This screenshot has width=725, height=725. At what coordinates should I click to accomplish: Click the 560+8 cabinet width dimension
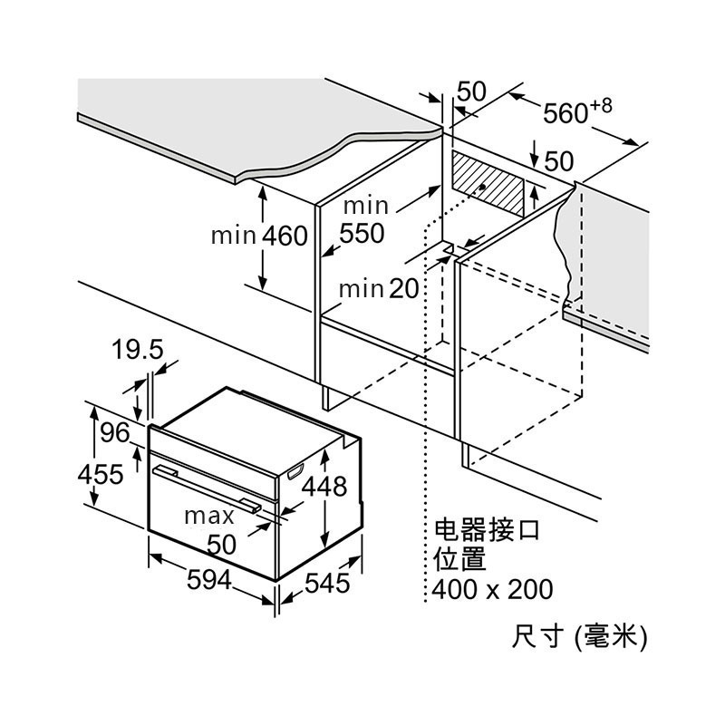click(577, 111)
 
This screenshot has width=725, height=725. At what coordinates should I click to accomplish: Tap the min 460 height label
click(259, 236)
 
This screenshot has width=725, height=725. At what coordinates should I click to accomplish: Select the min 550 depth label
click(362, 221)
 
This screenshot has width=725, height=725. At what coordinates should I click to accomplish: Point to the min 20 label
click(379, 289)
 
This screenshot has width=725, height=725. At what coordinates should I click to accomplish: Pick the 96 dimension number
click(115, 432)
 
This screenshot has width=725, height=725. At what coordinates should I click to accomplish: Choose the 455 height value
click(101, 474)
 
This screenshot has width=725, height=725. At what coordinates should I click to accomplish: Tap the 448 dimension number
click(324, 487)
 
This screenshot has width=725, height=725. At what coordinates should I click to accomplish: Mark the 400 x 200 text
click(492, 589)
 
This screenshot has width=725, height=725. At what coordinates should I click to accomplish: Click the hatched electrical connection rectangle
click(488, 188)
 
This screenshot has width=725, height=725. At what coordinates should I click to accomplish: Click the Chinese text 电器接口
click(487, 529)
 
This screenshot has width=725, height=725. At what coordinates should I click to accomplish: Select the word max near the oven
click(209, 516)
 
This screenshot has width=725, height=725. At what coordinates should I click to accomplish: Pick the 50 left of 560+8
click(471, 92)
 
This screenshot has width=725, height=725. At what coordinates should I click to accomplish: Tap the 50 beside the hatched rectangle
click(559, 161)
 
